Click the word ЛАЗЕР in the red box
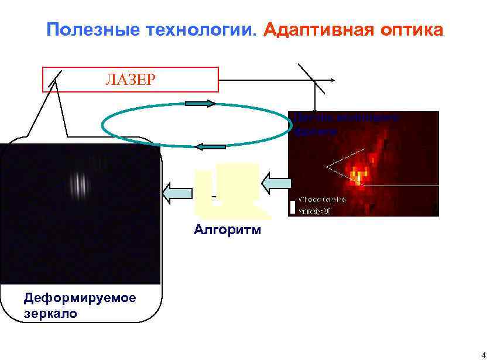pyautogui.click(x=131, y=80)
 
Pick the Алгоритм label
pyautogui.click(x=227, y=229)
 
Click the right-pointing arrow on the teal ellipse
pyautogui.click(x=200, y=104)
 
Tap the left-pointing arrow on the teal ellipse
pyautogui.click(x=210, y=146)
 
